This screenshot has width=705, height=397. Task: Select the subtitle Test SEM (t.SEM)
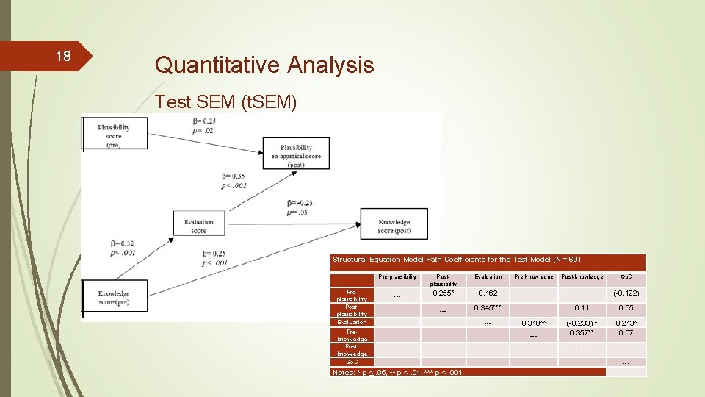point(226,102)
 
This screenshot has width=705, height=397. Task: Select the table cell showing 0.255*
point(443,293)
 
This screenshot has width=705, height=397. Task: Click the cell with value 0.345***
point(488,307)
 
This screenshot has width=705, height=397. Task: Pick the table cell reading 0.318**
point(534,322)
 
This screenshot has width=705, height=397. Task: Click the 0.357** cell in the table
point(581,332)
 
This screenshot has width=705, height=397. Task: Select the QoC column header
point(626,276)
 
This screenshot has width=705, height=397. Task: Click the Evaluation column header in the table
point(488,276)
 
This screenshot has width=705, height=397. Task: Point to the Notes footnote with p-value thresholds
point(397,372)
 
